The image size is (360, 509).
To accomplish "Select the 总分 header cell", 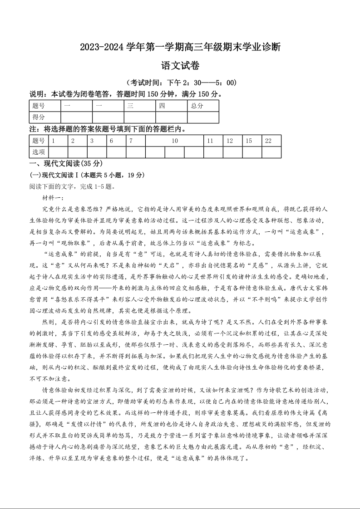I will pyautogui.click(x=197, y=106).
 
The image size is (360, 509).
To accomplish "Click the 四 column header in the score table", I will pyautogui.click(x=162, y=106).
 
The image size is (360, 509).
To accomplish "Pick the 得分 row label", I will pyautogui.click(x=39, y=117).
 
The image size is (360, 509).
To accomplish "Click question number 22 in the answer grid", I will pyautogui.click(x=268, y=141).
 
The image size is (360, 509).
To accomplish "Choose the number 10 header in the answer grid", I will pyautogui.click(x=174, y=141).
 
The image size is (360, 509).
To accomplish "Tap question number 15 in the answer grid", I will pyautogui.click(x=249, y=141).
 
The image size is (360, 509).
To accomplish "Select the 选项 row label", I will pyautogui.click(x=39, y=152).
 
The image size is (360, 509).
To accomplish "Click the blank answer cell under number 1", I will pyautogui.click(x=58, y=152).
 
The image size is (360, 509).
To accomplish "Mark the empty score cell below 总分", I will pyautogui.click(x=202, y=117).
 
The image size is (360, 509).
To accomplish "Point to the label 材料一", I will pyautogui.click(x=54, y=198).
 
